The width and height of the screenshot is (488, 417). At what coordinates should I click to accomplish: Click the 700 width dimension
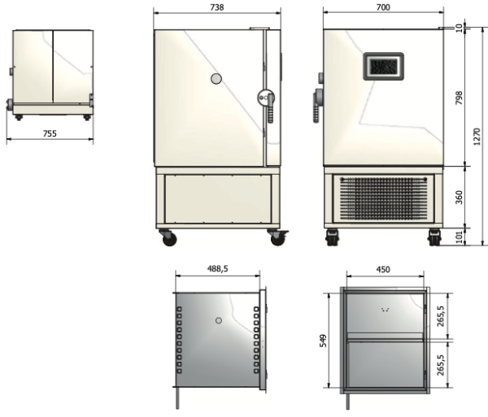pyautogui.click(x=383, y=7)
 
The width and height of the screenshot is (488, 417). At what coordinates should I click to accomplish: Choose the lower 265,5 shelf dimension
pyautogui.click(x=440, y=363)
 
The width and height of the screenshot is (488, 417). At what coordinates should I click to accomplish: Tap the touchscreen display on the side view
pyautogui.click(x=382, y=66)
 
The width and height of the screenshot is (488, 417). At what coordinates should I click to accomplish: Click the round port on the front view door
pyautogui.click(x=216, y=78)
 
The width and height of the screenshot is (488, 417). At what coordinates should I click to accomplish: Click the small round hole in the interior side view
pyautogui.click(x=219, y=321)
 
